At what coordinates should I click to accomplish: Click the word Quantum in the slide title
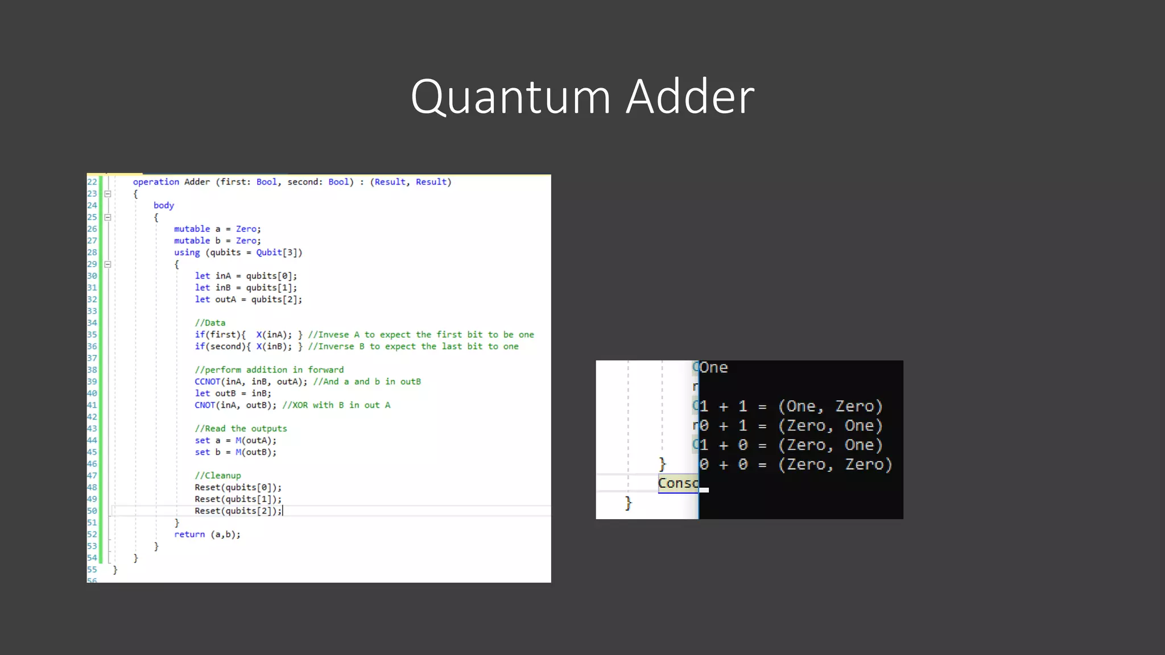(510, 97)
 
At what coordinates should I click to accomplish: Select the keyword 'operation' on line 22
(156, 182)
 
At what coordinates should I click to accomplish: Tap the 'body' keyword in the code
(164, 205)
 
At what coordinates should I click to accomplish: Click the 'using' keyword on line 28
(187, 252)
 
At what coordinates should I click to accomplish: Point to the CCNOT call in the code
(207, 382)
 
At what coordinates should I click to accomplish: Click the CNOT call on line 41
(205, 405)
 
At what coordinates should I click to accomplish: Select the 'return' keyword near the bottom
(189, 534)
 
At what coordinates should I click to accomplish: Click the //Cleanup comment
(218, 475)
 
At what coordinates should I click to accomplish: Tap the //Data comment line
(210, 323)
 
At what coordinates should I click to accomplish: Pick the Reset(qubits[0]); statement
(238, 487)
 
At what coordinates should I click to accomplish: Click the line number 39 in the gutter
(92, 382)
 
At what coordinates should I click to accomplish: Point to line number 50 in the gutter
(92, 511)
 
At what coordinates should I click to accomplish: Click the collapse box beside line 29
(108, 264)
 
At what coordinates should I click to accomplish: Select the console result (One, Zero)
(830, 407)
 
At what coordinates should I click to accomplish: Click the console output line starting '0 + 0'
(796, 465)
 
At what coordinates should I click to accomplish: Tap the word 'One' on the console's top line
(714, 368)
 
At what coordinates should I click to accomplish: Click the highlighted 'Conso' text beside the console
(678, 483)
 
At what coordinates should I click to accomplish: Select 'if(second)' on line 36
(220, 346)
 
